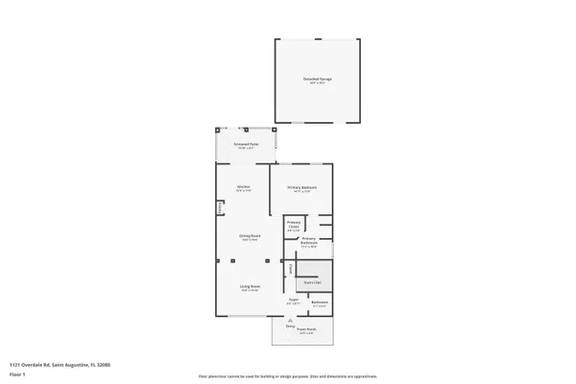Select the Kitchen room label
(x=245, y=186)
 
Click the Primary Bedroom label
(x=301, y=187)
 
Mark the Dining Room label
(x=250, y=237)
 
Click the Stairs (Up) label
(x=312, y=282)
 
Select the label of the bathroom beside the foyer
(x=321, y=303)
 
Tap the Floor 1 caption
(x=16, y=374)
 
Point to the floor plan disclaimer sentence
(x=288, y=376)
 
